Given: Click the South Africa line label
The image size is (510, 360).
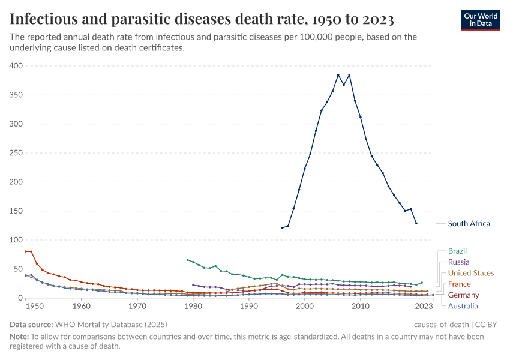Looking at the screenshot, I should point(469,224).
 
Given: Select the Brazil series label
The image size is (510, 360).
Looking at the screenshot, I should point(457,251).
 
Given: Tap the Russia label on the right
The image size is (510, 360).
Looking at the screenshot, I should point(458,262).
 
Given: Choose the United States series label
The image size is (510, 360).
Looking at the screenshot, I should point(471,273).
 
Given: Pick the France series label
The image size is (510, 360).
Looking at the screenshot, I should point(459,284).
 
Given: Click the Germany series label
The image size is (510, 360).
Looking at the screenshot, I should point(463,295).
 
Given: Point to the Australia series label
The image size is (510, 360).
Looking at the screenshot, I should point(463,306).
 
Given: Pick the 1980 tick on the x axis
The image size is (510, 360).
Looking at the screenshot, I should point(193,307).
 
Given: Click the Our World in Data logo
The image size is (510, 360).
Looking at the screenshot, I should point(481,20).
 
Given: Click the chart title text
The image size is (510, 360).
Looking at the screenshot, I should point(202,20).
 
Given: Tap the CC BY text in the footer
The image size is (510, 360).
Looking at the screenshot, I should point(488,324).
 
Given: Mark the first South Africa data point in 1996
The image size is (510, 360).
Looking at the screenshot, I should point(282,227).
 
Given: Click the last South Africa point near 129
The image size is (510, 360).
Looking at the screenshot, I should point(416,223).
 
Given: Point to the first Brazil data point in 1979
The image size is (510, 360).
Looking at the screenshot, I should point(187,260).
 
